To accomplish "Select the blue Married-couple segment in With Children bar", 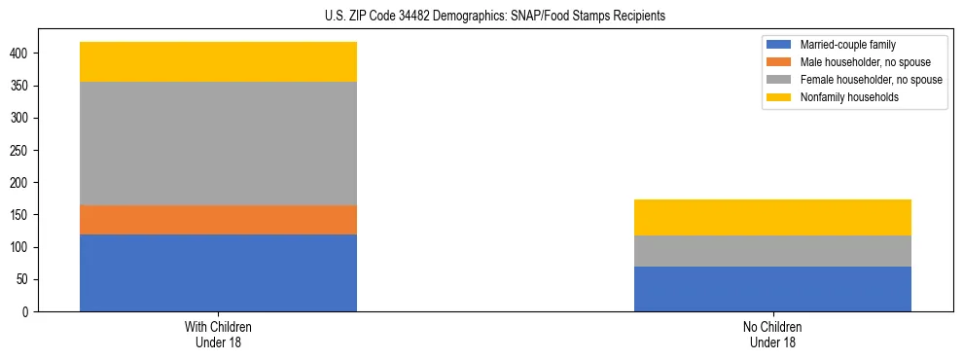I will click(x=218, y=272).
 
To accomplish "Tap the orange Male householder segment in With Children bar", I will click(x=218, y=220).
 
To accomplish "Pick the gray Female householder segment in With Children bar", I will click(x=218, y=143).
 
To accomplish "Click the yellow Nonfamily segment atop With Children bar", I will click(x=218, y=61).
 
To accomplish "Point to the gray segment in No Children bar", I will click(x=772, y=251).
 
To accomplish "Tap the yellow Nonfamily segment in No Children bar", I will click(x=772, y=217).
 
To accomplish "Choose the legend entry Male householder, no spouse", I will click(x=857, y=62).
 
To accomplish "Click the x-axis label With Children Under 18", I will click(x=218, y=334).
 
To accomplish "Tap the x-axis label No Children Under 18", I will click(x=772, y=334).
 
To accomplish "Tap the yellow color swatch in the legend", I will click(x=778, y=97).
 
